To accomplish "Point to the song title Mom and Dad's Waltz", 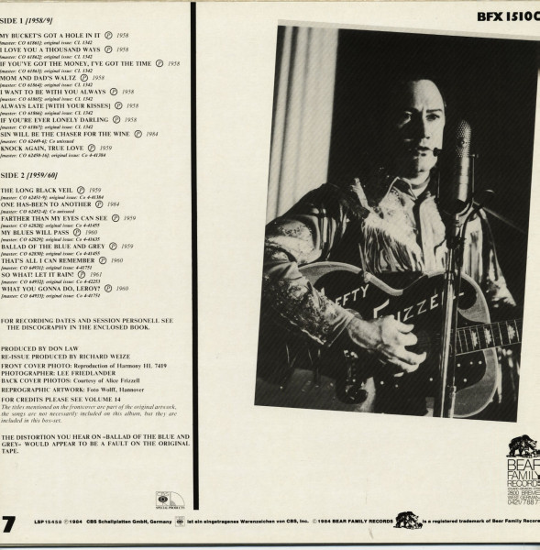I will tap(43, 78).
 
